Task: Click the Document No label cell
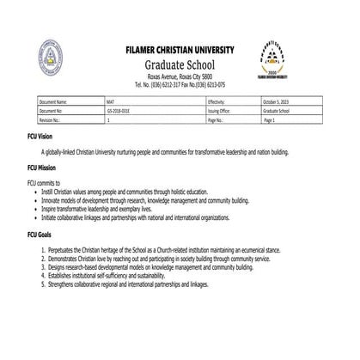pos(52,111)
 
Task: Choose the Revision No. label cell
pos(51,120)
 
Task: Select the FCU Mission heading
pos(46,169)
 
